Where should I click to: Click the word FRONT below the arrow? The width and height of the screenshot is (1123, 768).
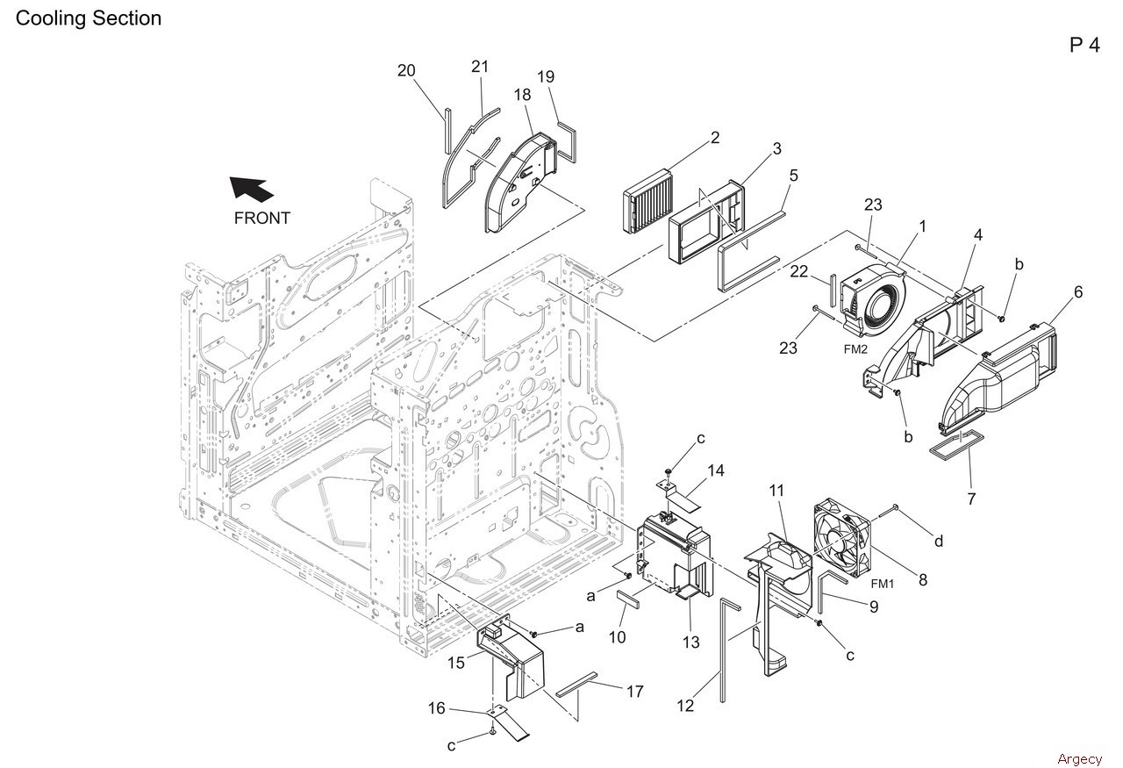point(261,219)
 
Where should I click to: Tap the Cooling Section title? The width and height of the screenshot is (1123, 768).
point(89,18)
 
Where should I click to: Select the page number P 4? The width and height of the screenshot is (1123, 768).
point(1085,45)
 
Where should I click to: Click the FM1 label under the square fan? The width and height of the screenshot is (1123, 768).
point(883,584)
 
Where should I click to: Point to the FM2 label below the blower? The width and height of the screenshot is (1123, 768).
point(855,349)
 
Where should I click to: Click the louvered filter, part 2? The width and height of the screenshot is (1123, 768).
point(647,202)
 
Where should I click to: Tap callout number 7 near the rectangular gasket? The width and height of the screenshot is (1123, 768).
point(971,499)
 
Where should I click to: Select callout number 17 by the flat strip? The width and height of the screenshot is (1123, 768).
point(634,692)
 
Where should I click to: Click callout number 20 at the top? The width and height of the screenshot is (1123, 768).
point(406,71)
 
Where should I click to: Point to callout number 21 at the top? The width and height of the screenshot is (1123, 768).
point(480,67)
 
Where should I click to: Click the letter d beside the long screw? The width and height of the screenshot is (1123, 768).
point(939,541)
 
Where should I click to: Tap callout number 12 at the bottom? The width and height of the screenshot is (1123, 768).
point(685,706)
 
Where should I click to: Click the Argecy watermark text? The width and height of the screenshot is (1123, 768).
point(1080,759)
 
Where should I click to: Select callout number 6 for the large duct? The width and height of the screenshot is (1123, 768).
point(1078,292)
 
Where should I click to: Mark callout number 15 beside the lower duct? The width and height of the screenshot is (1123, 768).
point(456,663)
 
